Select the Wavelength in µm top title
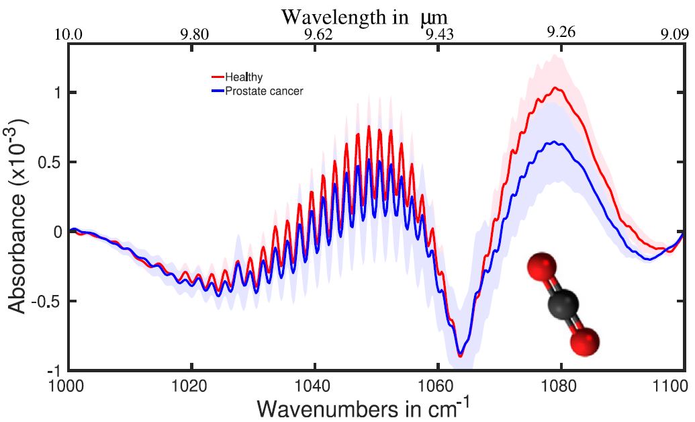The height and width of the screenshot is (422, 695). click(x=365, y=15)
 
